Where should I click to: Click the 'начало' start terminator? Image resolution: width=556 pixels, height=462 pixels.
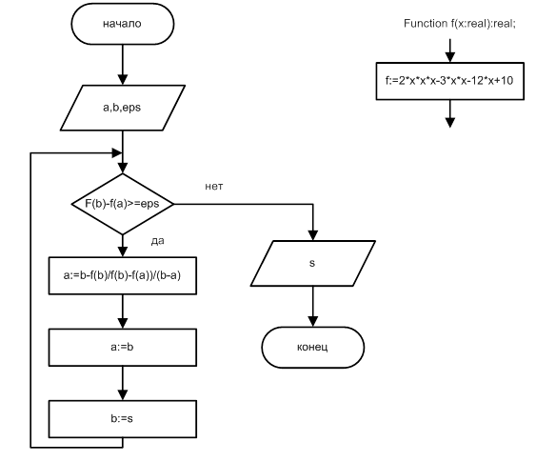click(x=123, y=24)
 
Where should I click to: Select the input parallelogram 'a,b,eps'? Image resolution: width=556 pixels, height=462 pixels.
click(x=123, y=108)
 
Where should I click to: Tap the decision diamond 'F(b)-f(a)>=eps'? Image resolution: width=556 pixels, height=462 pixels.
click(x=123, y=204)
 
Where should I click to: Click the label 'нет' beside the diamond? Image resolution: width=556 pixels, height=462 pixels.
click(x=214, y=187)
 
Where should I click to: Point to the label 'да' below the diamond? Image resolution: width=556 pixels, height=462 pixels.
click(x=157, y=241)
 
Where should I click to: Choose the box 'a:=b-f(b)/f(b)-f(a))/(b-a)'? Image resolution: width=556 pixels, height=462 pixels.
click(x=123, y=275)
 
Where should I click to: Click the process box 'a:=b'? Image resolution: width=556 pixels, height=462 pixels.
click(x=123, y=348)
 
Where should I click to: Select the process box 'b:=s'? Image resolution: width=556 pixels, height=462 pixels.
click(x=123, y=419)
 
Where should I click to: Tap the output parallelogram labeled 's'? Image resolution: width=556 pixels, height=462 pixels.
click(x=312, y=263)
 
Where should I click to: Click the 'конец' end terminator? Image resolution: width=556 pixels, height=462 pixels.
click(x=312, y=348)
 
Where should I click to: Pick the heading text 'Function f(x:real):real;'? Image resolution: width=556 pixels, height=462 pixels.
click(x=460, y=24)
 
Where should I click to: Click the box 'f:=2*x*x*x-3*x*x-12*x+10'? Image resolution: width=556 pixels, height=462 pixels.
click(x=450, y=81)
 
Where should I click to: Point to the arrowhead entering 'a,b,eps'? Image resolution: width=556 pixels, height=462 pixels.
click(x=123, y=80)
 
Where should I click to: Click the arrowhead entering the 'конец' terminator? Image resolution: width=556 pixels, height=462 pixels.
click(x=312, y=321)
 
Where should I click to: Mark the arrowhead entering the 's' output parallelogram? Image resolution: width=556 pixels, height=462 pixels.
click(x=312, y=235)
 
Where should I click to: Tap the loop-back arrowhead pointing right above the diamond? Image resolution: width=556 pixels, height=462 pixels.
click(x=117, y=153)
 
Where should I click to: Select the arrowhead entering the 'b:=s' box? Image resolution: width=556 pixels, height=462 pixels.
click(x=123, y=395)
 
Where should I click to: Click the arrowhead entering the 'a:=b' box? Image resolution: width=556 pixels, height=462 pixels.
click(x=123, y=323)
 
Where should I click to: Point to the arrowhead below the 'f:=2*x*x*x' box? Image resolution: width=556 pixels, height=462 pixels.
click(x=450, y=123)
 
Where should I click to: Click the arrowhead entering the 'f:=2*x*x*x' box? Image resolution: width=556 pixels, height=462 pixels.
click(x=450, y=57)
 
